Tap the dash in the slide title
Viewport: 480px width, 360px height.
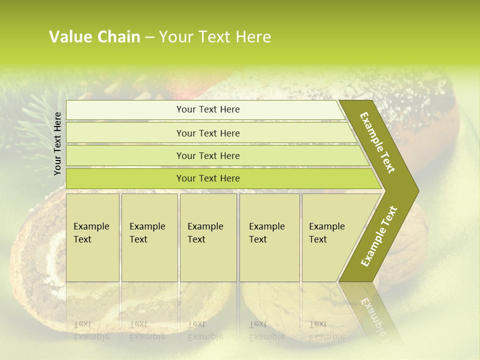pos(149,37)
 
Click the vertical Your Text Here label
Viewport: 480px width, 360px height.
pos(58,143)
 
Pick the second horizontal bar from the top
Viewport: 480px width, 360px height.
pos(207,133)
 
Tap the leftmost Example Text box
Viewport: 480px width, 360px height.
pos(92,237)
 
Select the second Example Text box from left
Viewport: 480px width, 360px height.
pos(149,237)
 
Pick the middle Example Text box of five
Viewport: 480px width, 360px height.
pos(208,237)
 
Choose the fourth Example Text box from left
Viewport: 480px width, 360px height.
pos(269,237)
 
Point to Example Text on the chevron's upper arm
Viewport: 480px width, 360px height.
pos(377,142)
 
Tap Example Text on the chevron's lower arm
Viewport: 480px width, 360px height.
pos(379,236)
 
